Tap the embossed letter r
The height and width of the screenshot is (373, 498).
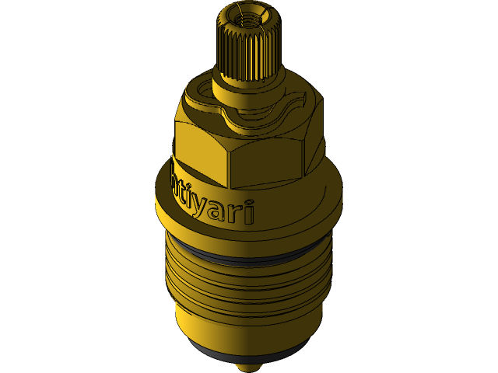237,211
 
